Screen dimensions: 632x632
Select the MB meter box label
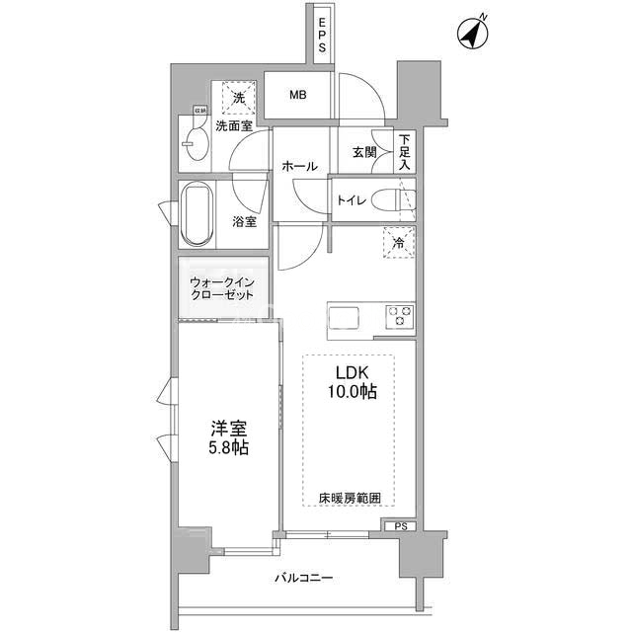point(297,96)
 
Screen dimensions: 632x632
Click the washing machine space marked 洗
point(238,97)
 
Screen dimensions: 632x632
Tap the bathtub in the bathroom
point(196,214)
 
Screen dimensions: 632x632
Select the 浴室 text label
point(244,222)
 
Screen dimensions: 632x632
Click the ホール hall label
point(299,167)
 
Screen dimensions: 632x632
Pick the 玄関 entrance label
point(363,152)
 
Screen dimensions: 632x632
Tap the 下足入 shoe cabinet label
point(405,153)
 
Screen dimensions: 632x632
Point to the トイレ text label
point(352,201)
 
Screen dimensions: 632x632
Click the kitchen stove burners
point(400,316)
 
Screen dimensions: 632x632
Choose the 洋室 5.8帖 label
point(228,438)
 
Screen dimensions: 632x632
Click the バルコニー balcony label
point(303,578)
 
